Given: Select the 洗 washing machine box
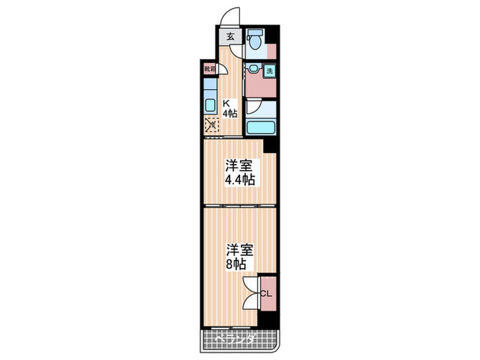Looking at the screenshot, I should pyautogui.click(x=269, y=70).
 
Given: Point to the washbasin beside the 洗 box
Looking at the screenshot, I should pyautogui.click(x=254, y=69).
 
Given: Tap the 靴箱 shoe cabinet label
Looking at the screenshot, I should pyautogui.click(x=209, y=69).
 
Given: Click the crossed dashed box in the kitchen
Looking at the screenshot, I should pyautogui.click(x=211, y=125).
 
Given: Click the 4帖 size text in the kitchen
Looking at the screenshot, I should pyautogui.click(x=229, y=114).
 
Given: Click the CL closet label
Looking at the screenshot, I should pyautogui.click(x=267, y=293).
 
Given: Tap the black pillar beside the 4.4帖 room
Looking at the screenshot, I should pyautogui.click(x=269, y=145).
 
